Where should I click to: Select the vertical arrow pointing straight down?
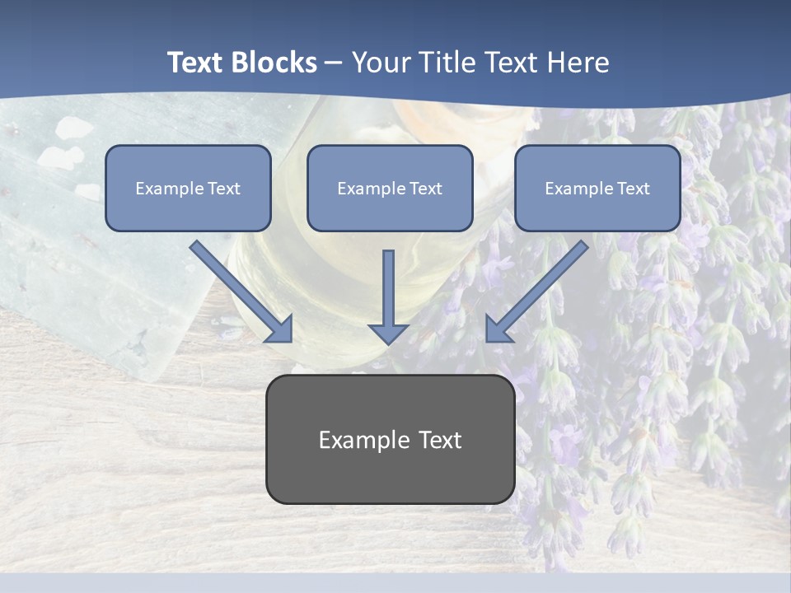pos(388,288)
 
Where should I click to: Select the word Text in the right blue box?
pos(634,189)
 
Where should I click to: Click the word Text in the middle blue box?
pos(426,189)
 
